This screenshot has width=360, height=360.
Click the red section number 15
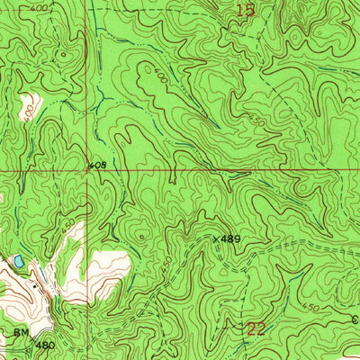click(x=245, y=11)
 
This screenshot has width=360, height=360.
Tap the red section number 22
click(x=256, y=328)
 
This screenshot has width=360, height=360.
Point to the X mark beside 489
click(x=217, y=239)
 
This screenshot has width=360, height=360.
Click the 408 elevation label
click(x=98, y=166)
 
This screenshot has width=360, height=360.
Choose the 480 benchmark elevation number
click(x=45, y=344)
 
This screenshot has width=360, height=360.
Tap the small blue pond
click(x=16, y=261)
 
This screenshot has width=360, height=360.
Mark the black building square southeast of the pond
click(x=36, y=284)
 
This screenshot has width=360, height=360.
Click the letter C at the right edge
click(x=354, y=318)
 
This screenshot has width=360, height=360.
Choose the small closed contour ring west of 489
click(x=141, y=237)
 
